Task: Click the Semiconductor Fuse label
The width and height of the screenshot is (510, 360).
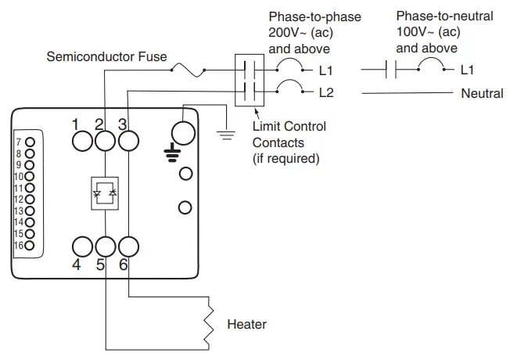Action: (106, 57)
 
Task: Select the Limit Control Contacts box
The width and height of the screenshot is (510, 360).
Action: (250, 81)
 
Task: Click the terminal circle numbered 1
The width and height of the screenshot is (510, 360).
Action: (82, 140)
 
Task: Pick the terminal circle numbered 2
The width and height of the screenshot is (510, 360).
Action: (105, 140)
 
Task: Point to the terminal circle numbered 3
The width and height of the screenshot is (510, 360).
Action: (127, 140)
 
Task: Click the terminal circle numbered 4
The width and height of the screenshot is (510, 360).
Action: (82, 246)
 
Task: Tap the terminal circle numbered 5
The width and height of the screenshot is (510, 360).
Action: (105, 246)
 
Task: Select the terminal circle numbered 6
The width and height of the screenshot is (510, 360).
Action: (127, 246)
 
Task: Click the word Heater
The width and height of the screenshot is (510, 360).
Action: (246, 324)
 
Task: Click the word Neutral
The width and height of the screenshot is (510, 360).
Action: (482, 93)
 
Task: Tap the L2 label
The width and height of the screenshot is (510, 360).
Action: (326, 93)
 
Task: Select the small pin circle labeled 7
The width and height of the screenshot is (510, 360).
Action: (30, 142)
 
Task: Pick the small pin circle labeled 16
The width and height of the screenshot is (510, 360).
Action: (30, 246)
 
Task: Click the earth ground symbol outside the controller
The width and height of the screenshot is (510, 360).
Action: (227, 134)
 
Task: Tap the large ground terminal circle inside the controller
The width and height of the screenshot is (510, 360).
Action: (182, 134)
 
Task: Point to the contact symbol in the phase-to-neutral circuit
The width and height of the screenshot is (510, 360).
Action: (393, 70)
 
